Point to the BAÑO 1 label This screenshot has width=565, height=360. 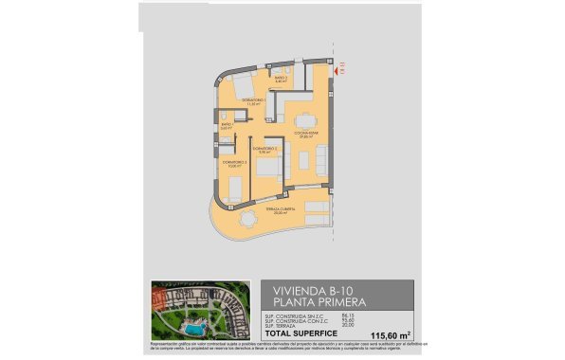point(227,124)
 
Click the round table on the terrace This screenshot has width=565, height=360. point(246,219)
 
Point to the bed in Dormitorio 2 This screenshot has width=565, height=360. point(268,170)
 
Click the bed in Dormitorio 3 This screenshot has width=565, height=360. point(234,187)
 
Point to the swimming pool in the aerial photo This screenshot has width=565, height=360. point(194,327)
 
